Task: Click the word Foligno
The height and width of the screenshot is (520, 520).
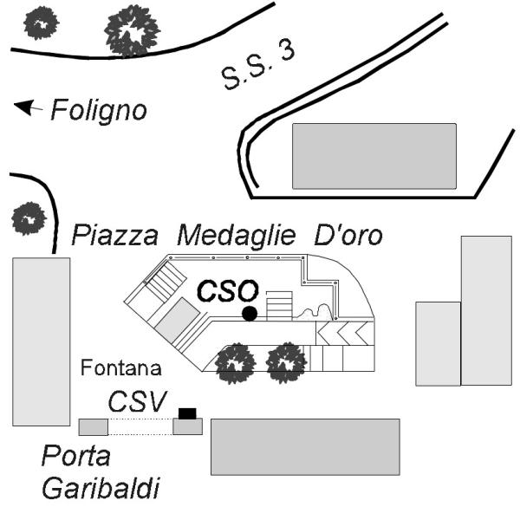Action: (98, 111)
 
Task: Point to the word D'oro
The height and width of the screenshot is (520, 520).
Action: (348, 235)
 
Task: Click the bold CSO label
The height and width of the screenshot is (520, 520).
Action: (227, 291)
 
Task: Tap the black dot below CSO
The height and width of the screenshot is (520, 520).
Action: (250, 313)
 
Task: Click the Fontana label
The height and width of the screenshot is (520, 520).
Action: (121, 368)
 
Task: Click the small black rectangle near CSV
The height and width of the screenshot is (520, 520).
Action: (187, 412)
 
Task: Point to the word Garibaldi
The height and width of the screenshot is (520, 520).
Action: (101, 489)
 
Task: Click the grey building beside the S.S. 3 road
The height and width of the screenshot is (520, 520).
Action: (374, 156)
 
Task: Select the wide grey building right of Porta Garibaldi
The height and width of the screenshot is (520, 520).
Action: (305, 446)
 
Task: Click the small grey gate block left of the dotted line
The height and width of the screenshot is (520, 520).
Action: (93, 426)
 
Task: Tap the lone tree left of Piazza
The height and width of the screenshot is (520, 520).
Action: (29, 218)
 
